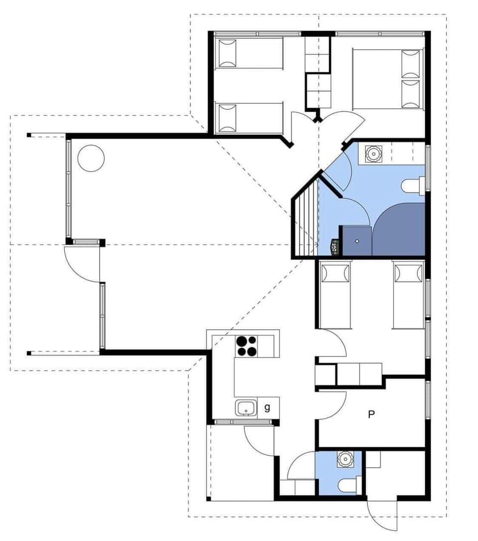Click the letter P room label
click(x=371, y=414)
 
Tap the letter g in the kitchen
click(x=267, y=407)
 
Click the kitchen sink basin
click(x=245, y=408)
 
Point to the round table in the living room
click(x=91, y=158)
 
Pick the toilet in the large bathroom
click(x=413, y=186)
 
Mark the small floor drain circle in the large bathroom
click(x=357, y=241)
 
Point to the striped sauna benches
click(x=305, y=219)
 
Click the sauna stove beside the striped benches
click(x=335, y=246)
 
